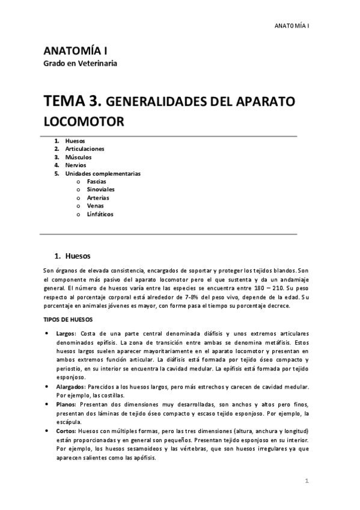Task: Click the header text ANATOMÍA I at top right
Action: point(291,26)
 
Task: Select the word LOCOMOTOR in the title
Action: point(84,121)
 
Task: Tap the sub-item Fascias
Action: point(97,181)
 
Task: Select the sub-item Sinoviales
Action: point(100,189)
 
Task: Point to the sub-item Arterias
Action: point(99,197)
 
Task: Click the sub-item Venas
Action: point(96,206)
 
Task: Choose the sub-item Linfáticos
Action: point(100,214)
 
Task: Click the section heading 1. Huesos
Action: point(73,254)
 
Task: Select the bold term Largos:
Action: point(66,333)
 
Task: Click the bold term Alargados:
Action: point(71,387)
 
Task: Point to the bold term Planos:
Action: point(67,405)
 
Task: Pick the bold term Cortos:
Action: point(66,431)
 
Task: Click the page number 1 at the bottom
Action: point(307,481)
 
